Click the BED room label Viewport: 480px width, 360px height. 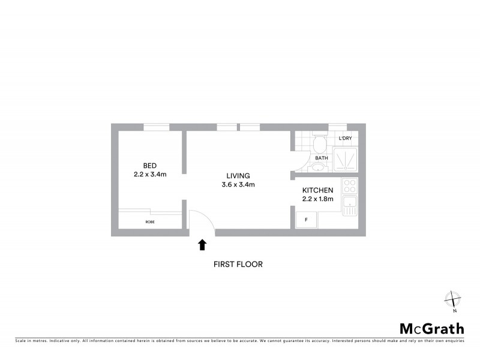[150, 166]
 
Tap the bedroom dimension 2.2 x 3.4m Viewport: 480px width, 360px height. [150, 175]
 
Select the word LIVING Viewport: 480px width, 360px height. [238, 176]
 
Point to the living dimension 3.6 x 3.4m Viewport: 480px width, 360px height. [238, 185]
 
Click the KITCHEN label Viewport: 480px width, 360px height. [317, 190]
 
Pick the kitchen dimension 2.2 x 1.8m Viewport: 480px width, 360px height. [317, 199]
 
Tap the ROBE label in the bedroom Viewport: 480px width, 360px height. [149, 222]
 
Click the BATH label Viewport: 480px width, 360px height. [322, 158]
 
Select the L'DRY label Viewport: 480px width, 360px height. [345, 139]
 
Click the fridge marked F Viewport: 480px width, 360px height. [307, 220]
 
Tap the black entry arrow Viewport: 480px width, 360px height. [202, 244]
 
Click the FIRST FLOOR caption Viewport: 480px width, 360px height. [238, 264]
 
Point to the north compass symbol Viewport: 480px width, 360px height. [453, 299]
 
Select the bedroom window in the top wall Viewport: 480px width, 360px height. [156, 127]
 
